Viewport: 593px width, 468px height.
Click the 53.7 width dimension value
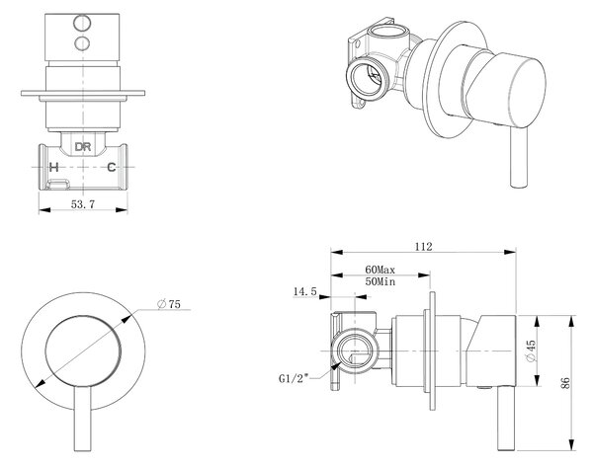(x=83, y=204)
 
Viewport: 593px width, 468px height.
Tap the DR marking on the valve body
(x=83, y=146)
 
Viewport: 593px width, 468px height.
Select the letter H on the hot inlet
(x=54, y=167)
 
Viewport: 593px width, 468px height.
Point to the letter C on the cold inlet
(x=111, y=167)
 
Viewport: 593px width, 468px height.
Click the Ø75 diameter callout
(x=169, y=304)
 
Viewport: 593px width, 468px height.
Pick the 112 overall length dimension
(x=423, y=247)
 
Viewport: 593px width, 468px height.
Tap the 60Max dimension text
(x=380, y=270)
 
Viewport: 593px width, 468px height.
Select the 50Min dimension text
(x=381, y=281)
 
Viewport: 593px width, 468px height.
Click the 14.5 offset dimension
(x=304, y=291)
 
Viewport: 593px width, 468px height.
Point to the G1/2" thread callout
(x=294, y=378)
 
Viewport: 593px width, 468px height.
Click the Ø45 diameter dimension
(x=531, y=351)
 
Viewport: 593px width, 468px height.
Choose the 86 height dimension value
(x=566, y=383)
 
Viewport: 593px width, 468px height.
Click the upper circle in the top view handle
(x=82, y=23)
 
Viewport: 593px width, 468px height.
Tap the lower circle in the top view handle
(x=82, y=43)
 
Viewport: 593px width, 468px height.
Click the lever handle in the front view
(x=83, y=419)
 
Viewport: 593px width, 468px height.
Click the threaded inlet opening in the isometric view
(x=368, y=79)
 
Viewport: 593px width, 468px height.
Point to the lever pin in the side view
(x=507, y=419)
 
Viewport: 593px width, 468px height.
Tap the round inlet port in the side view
(x=355, y=351)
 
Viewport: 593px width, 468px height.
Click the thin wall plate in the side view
(x=433, y=351)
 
